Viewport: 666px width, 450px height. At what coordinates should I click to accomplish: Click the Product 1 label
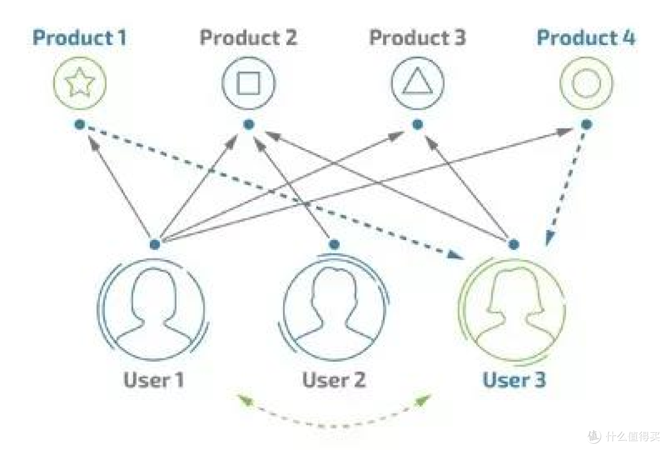tap(80, 38)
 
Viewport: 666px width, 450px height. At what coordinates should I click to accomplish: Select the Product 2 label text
tap(249, 38)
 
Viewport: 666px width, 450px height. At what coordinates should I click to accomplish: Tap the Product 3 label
tap(417, 38)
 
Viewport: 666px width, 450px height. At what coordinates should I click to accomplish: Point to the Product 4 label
tap(586, 38)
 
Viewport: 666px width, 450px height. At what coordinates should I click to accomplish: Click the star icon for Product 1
tap(80, 83)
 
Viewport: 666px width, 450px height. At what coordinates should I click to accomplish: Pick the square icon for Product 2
tap(249, 83)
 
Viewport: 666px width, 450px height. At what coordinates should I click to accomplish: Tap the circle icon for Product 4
tap(586, 83)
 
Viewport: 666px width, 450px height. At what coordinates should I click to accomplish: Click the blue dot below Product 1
tap(80, 124)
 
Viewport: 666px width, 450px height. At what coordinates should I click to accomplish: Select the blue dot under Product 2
tap(249, 124)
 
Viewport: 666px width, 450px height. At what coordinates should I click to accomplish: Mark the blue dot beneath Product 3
tap(417, 124)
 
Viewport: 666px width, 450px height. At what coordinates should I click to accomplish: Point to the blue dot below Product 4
tap(586, 124)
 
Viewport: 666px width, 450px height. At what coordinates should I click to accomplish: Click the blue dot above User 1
tap(155, 244)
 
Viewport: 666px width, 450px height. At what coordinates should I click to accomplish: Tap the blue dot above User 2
tap(334, 244)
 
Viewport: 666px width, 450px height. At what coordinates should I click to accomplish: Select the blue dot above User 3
tap(514, 244)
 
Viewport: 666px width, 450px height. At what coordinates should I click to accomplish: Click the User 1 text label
tap(154, 380)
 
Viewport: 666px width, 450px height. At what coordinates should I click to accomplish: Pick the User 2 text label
tap(334, 380)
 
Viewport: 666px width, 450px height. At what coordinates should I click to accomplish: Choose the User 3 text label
tap(514, 380)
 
